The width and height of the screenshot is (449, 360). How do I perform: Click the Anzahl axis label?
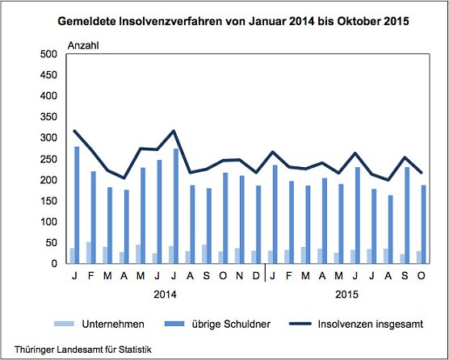pyautogui.click(x=82, y=44)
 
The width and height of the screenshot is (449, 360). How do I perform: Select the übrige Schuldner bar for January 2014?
pyautogui.click(x=78, y=205)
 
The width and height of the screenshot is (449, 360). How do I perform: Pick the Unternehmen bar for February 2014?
pyautogui.click(x=89, y=253)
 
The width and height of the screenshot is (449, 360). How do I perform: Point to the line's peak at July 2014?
pyautogui.click(x=174, y=131)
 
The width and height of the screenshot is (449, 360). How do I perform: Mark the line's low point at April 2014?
pyautogui.click(x=124, y=178)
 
